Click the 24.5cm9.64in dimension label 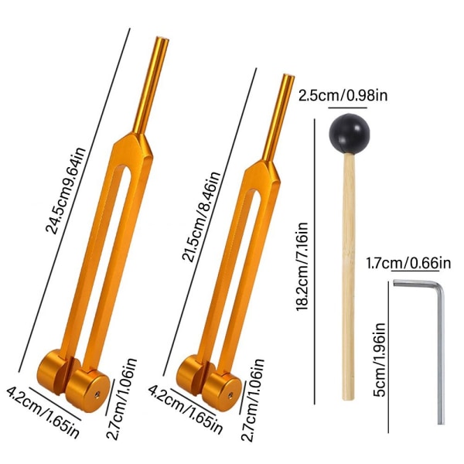point(66,191)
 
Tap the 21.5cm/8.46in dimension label point(201,217)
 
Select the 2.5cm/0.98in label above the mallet point(343,95)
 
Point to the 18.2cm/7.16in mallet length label point(302,266)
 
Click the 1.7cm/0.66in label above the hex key point(408,263)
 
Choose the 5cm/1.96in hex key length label point(380,360)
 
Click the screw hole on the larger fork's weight point(97,394)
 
